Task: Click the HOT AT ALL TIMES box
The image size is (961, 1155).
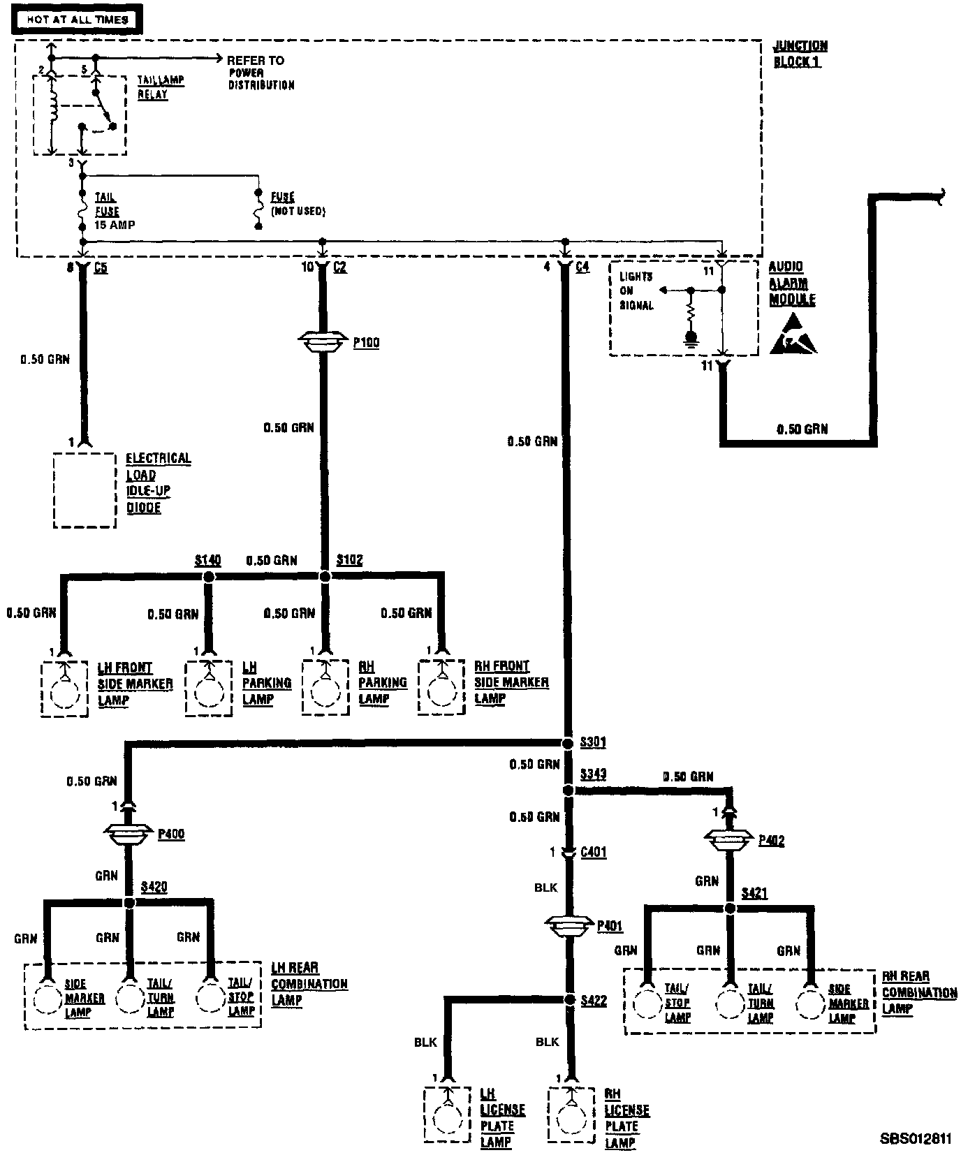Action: tap(77, 20)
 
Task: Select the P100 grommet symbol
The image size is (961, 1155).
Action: tap(323, 341)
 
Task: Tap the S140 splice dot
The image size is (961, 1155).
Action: tap(207, 577)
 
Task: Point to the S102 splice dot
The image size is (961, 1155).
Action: tap(324, 577)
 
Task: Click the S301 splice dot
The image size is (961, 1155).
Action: tap(567, 742)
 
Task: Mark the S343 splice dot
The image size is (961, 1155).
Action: tap(568, 790)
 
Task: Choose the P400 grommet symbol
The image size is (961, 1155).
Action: tap(128, 833)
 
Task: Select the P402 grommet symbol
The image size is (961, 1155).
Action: tap(730, 839)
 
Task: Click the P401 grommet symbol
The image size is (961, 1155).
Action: tap(569, 926)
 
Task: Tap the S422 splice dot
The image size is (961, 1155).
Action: tap(568, 1000)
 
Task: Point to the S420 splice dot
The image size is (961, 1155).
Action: tap(129, 903)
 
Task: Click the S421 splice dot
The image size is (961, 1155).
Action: tap(730, 908)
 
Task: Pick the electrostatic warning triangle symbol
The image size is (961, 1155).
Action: tap(793, 334)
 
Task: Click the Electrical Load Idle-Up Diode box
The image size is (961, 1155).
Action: tap(85, 490)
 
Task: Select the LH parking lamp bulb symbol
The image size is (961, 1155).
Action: tap(208, 691)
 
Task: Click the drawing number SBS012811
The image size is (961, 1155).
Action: tap(915, 1138)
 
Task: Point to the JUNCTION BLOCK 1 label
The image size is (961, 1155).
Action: tap(800, 54)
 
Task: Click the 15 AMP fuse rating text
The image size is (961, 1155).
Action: tap(115, 225)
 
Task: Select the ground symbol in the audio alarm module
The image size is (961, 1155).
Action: tap(691, 339)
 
